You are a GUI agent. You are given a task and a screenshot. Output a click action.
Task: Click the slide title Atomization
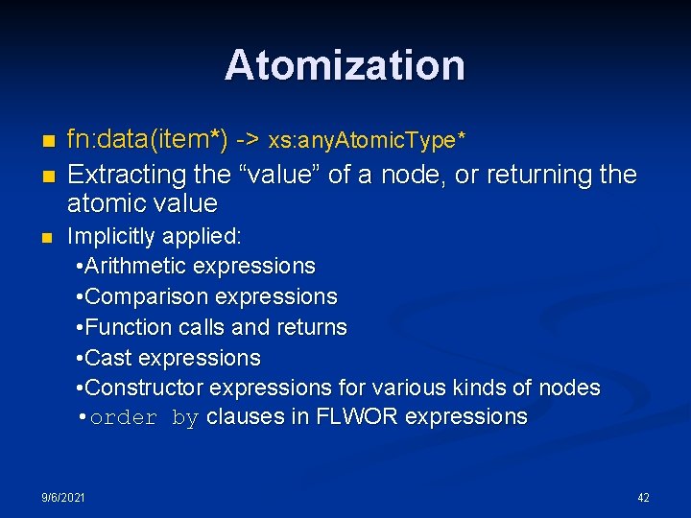(345, 65)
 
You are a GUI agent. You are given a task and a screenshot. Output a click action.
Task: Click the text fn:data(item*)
(147, 141)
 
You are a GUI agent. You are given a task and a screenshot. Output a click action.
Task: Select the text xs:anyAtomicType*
(368, 142)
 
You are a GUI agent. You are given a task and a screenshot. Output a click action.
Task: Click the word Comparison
(147, 296)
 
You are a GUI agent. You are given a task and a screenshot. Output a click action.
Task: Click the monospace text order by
(144, 418)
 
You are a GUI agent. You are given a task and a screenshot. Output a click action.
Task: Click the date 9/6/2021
(63, 498)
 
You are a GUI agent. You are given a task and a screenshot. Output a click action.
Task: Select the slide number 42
(643, 498)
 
